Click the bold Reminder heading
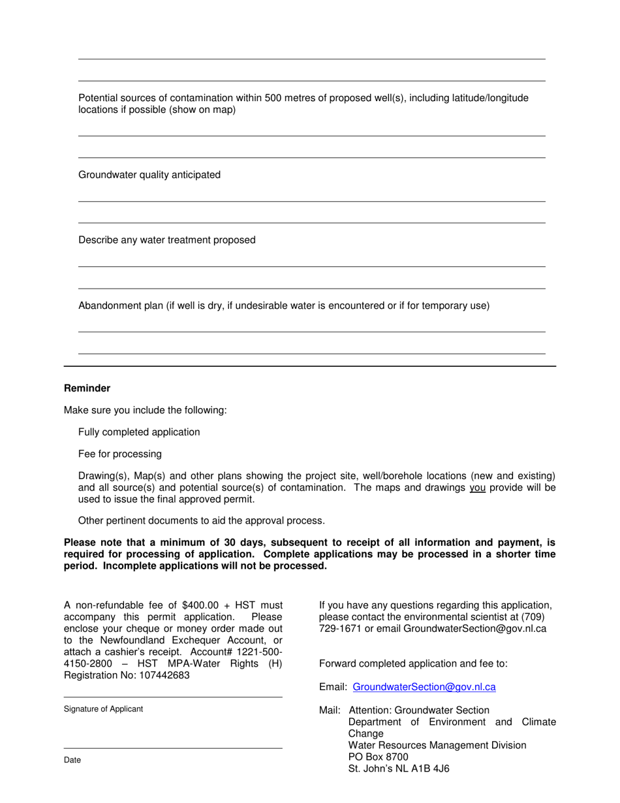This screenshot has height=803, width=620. pos(87,388)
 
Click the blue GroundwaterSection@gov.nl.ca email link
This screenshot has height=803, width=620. pos(424,687)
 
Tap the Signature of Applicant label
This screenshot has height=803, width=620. pos(103,709)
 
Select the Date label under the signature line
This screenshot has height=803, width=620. pos(72,760)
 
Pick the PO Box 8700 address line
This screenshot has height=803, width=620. pos(379,757)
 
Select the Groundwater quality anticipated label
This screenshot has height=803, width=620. pos(149,175)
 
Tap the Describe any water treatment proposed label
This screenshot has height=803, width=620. pos(167,240)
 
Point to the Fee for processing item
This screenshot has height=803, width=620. pos(120,454)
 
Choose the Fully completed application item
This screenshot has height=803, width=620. pos(139,432)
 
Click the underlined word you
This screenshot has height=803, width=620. pos(477,488)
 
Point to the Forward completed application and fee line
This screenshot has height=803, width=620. pos(413,663)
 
